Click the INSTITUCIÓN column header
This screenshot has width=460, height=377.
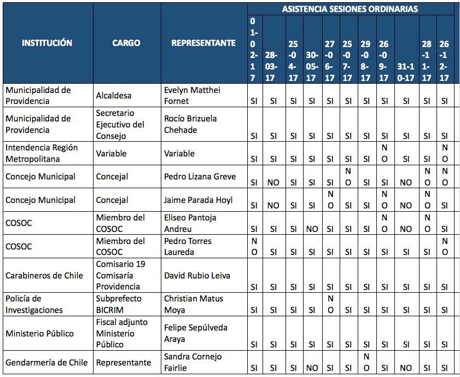click(46, 43)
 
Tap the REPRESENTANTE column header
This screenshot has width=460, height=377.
click(203, 43)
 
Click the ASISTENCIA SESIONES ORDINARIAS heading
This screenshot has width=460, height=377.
click(350, 9)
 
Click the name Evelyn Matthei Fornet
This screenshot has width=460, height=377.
click(192, 95)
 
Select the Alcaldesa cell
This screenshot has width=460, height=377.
click(114, 95)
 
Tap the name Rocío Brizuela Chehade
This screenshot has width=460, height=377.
click(190, 124)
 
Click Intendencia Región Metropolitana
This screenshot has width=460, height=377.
click(42, 153)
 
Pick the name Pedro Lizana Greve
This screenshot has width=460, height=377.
click(200, 177)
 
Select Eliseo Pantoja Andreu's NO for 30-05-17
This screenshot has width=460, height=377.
click(312, 229)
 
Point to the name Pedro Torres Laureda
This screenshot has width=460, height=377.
click(188, 246)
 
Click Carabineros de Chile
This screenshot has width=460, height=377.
click(44, 275)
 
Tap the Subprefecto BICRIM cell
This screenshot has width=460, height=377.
click(119, 304)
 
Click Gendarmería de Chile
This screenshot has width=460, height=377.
click(46, 362)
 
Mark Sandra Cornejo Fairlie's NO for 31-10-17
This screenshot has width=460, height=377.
click(405, 368)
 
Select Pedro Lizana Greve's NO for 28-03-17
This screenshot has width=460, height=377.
click(273, 183)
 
